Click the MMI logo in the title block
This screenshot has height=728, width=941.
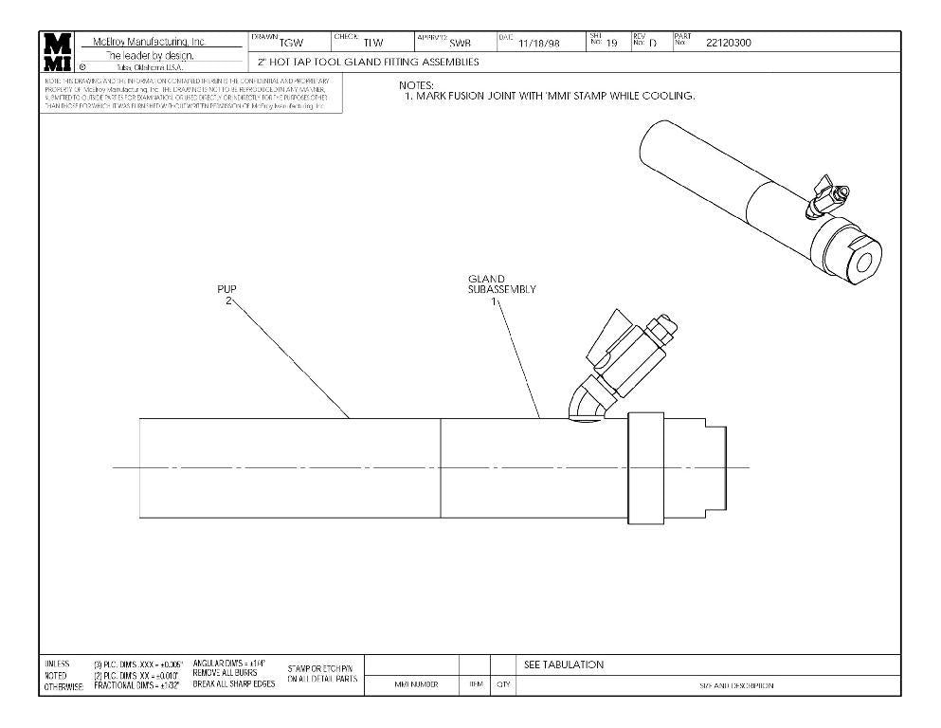[x=57, y=52]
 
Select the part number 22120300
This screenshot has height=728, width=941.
[x=729, y=43]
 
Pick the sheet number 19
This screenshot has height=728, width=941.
[x=612, y=43]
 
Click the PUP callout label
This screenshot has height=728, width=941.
[x=226, y=289]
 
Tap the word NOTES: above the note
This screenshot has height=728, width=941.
[x=416, y=86]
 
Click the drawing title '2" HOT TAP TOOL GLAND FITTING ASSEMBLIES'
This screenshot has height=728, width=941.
[x=369, y=63]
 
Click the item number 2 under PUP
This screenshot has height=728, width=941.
[x=227, y=300]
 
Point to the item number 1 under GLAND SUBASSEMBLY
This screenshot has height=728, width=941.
[x=494, y=300]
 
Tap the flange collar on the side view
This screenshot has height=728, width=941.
[x=645, y=468]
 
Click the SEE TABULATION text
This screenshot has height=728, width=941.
[x=564, y=664]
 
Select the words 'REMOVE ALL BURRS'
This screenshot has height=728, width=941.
[x=225, y=674]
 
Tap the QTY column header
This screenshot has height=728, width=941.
[x=502, y=685]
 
